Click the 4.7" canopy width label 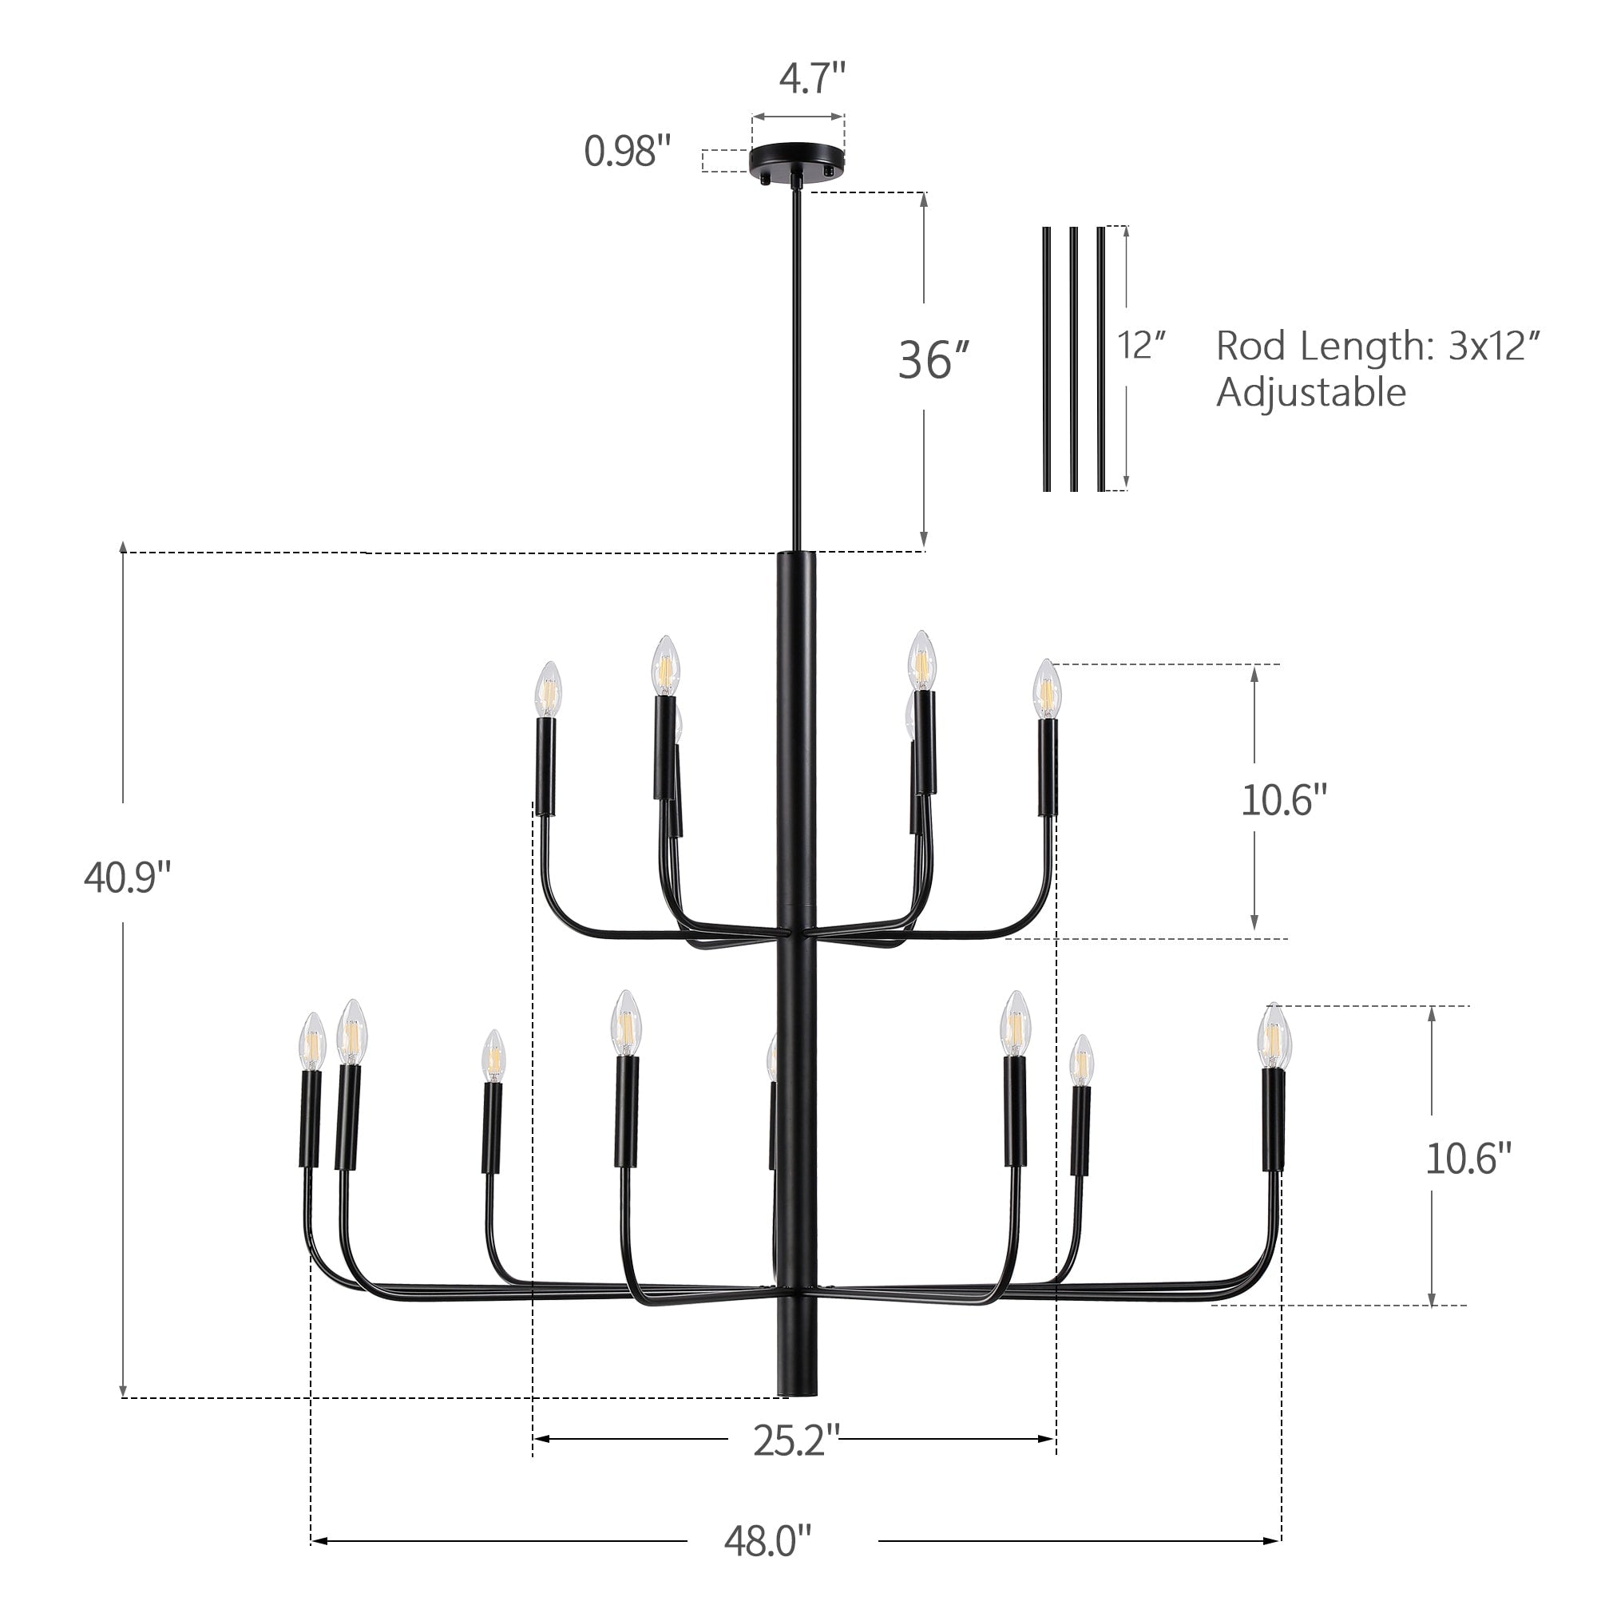pyautogui.click(x=813, y=79)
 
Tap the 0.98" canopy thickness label pyautogui.click(x=628, y=152)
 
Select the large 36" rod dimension pyautogui.click(x=933, y=361)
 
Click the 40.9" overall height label pyautogui.click(x=126, y=878)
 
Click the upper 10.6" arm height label pyautogui.click(x=1284, y=800)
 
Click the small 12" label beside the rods pyautogui.click(x=1141, y=346)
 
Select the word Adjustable pyautogui.click(x=1310, y=392)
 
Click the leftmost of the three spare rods pyautogui.click(x=1048, y=359)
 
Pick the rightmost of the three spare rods pyautogui.click(x=1101, y=359)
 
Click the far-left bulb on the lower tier pyautogui.click(x=312, y=1043)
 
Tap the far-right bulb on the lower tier pyautogui.click(x=1274, y=1036)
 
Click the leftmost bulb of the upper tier pyautogui.click(x=547, y=690)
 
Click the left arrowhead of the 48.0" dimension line pyautogui.click(x=319, y=1541)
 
